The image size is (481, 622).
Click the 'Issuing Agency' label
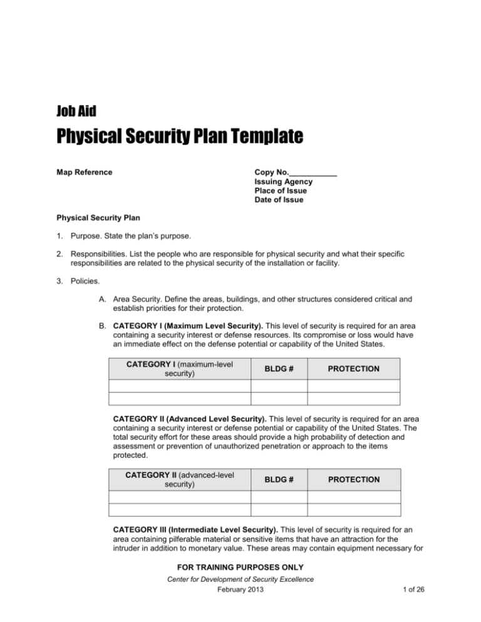click(x=284, y=181)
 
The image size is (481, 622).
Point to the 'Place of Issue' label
click(x=282, y=191)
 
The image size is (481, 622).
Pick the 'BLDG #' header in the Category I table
click(x=279, y=369)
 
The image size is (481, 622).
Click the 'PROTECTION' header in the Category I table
click(x=353, y=369)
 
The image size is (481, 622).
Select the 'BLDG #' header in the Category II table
click(x=279, y=479)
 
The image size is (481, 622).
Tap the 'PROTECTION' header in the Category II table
click(x=353, y=479)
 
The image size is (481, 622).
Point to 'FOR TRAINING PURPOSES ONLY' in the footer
click(x=240, y=568)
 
